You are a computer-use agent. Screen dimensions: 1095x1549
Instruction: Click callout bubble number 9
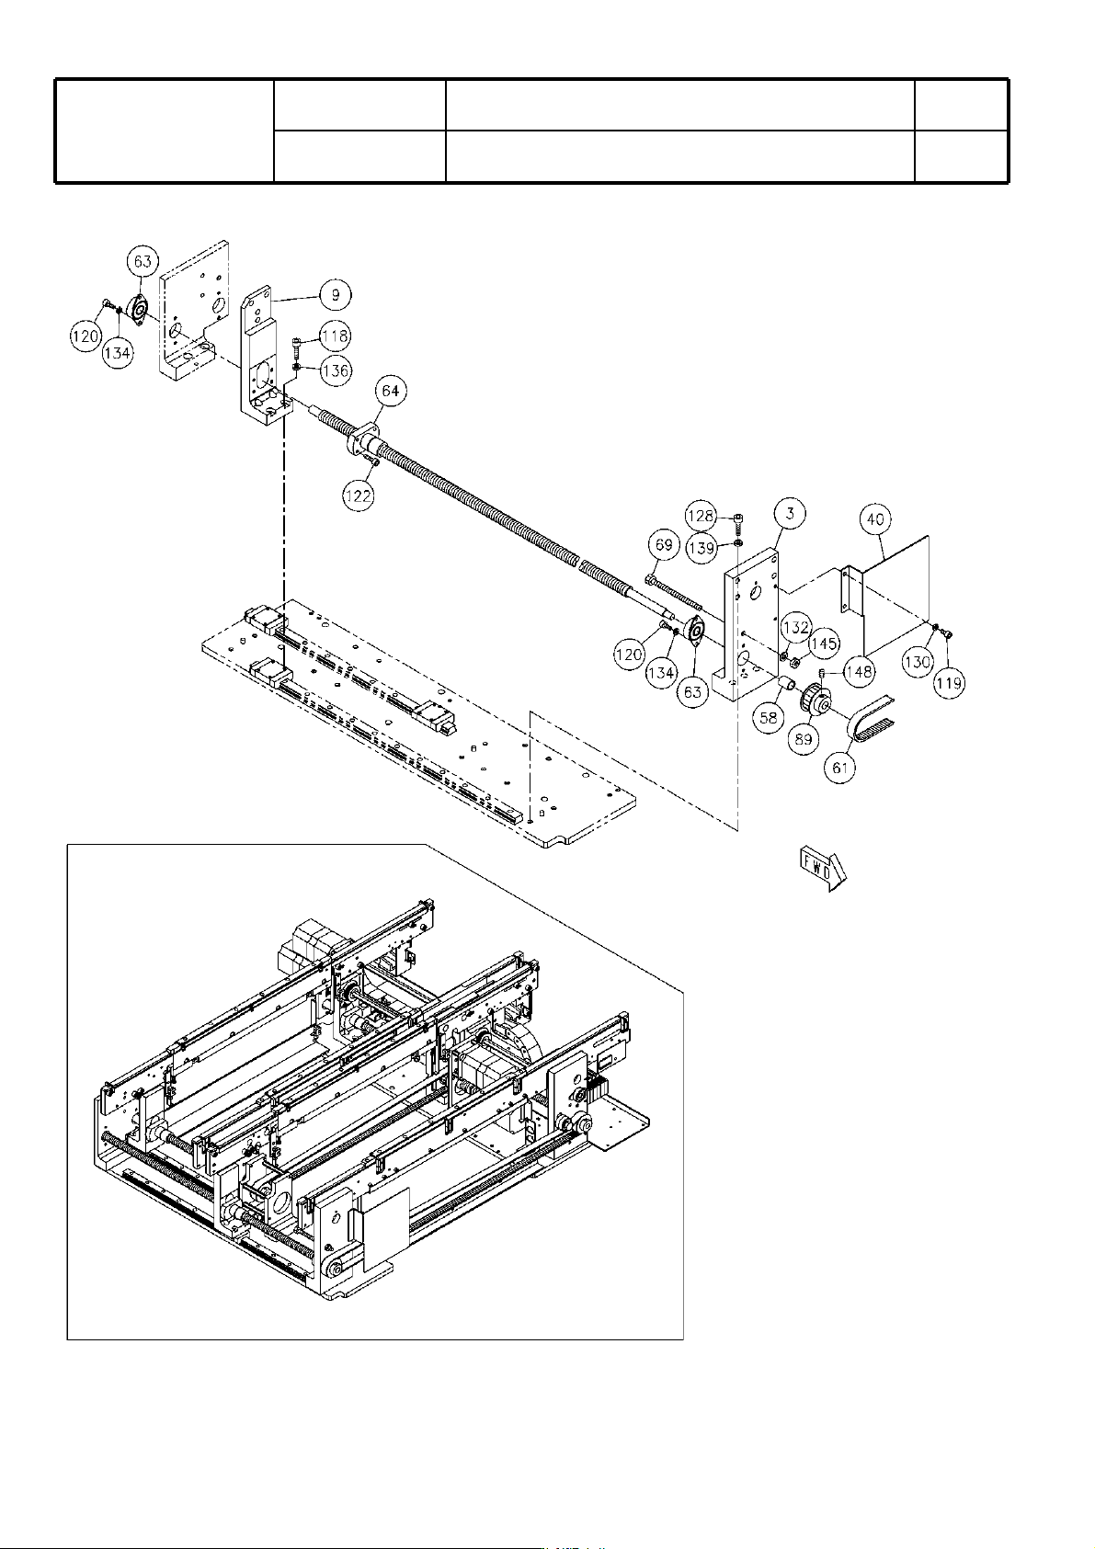[336, 295]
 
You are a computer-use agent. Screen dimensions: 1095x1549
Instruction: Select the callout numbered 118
[336, 336]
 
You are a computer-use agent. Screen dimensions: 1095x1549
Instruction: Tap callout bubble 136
[336, 370]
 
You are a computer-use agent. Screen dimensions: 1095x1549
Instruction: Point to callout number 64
[391, 391]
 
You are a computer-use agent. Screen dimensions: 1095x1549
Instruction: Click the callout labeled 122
[359, 495]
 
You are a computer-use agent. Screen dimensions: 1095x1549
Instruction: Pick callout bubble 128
[701, 516]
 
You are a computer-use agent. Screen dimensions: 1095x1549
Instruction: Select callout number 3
[790, 513]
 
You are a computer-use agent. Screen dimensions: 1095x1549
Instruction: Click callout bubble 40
[875, 519]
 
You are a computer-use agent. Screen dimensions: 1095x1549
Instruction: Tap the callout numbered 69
[664, 545]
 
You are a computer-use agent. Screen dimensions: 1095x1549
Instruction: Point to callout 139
[702, 549]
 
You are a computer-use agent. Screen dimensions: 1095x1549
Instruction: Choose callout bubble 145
[824, 644]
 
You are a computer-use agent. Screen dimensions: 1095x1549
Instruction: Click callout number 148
[859, 671]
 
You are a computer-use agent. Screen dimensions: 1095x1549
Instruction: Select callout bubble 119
[949, 683]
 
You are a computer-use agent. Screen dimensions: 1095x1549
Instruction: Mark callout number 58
[769, 718]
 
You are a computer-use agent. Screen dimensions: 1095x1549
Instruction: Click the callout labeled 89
[804, 739]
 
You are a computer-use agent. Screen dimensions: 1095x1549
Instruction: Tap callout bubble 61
[840, 768]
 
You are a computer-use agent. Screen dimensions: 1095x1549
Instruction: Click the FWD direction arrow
[823, 869]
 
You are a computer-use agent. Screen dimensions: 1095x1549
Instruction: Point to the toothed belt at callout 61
[872, 721]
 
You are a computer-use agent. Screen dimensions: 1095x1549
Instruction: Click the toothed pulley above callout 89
[816, 701]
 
